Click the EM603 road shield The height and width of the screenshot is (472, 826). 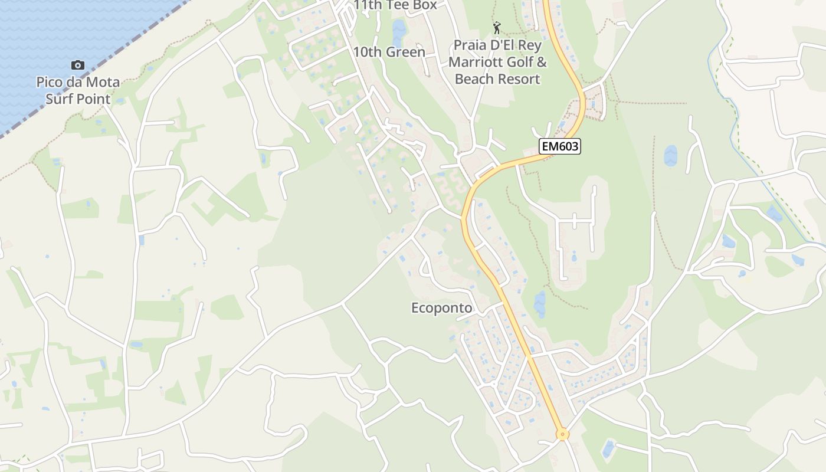coord(559,146)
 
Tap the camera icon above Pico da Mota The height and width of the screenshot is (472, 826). coord(77,65)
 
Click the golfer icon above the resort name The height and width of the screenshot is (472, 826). coord(497,27)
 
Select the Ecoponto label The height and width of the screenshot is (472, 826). coord(442,308)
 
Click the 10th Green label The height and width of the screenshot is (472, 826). coord(389,52)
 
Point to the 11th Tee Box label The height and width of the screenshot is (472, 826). coord(395,5)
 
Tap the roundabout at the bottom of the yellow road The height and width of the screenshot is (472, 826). coord(562,434)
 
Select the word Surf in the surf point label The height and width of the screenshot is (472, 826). coord(62,99)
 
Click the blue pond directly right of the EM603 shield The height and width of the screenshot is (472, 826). coord(670,156)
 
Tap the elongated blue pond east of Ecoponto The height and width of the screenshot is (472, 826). coord(540,304)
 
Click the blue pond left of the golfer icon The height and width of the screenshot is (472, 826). coord(399,32)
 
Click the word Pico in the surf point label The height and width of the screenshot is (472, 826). coord(50,82)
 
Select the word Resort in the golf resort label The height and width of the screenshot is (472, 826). coord(519,78)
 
